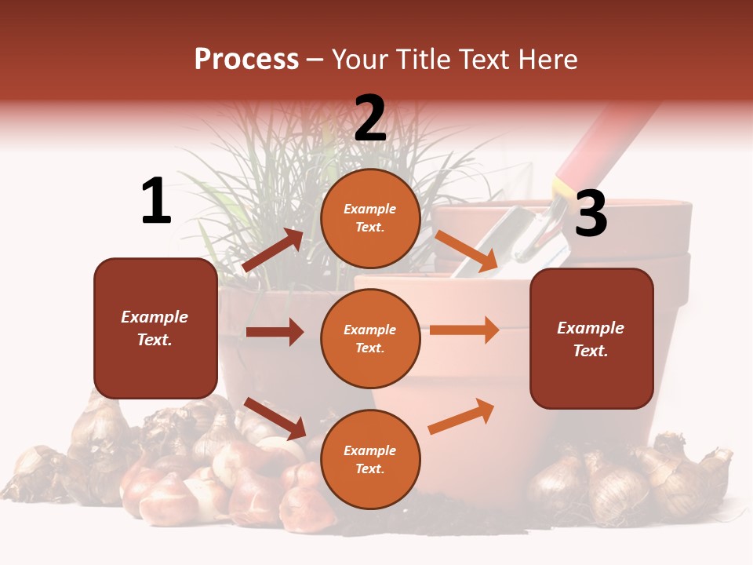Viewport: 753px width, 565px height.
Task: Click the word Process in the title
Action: pyautogui.click(x=246, y=60)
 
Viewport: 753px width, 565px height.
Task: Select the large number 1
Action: pyautogui.click(x=156, y=202)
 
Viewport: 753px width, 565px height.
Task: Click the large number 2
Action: pyautogui.click(x=370, y=118)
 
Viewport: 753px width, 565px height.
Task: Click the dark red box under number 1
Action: pyautogui.click(x=155, y=328)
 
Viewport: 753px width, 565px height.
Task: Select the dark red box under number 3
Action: pyautogui.click(x=591, y=338)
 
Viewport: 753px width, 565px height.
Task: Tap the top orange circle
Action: pyautogui.click(x=370, y=218)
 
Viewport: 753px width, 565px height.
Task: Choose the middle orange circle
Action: pyautogui.click(x=370, y=338)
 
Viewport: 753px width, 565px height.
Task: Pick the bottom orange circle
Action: pyautogui.click(x=370, y=459)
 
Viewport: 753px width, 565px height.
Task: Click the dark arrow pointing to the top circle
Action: pyautogui.click(x=272, y=250)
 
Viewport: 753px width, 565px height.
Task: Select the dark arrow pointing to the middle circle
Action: pyautogui.click(x=275, y=332)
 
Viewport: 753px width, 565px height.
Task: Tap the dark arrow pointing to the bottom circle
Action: pyautogui.click(x=275, y=418)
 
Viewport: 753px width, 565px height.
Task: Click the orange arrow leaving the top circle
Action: pyautogui.click(x=466, y=251)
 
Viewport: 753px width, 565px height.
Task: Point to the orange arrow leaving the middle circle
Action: pyautogui.click(x=464, y=330)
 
